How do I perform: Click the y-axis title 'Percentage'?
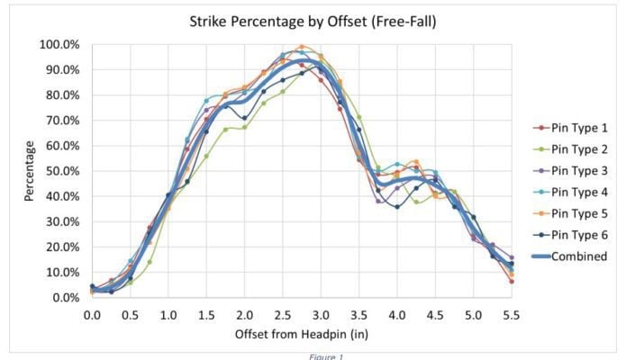tap(30, 170)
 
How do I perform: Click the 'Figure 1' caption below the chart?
tap(312, 355)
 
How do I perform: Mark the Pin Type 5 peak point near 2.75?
tap(302, 46)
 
